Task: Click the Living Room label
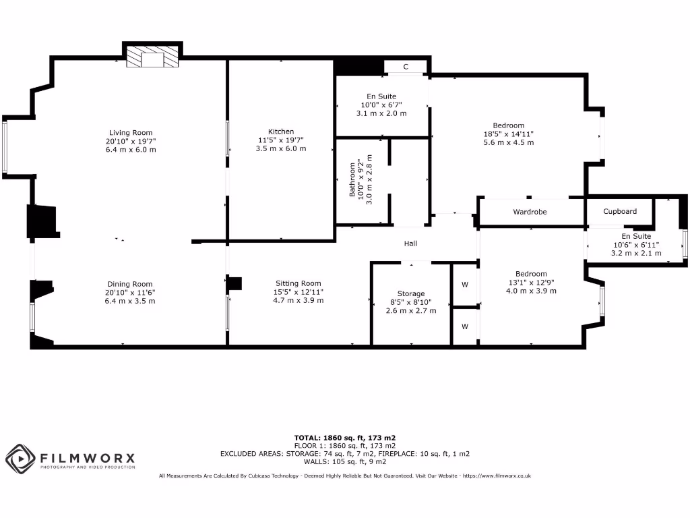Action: pyautogui.click(x=131, y=133)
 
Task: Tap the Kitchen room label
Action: pyautogui.click(x=281, y=132)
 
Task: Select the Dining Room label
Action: pyautogui.click(x=130, y=284)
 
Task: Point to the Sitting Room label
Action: pyautogui.click(x=298, y=283)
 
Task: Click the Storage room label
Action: pyautogui.click(x=411, y=293)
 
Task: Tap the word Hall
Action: pyautogui.click(x=411, y=243)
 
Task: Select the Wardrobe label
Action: pyautogui.click(x=530, y=212)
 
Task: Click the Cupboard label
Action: pyautogui.click(x=620, y=211)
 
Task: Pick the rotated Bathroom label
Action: pyautogui.click(x=352, y=180)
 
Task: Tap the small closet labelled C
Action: pyautogui.click(x=406, y=67)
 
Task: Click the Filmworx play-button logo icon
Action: pyautogui.click(x=20, y=459)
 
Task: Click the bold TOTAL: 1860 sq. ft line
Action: pyautogui.click(x=344, y=438)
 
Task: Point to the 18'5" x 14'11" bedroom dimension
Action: pyautogui.click(x=508, y=134)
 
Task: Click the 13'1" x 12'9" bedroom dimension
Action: pyautogui.click(x=531, y=283)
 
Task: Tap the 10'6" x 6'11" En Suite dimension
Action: pyautogui.click(x=636, y=245)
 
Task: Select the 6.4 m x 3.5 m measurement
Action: pyautogui.click(x=130, y=301)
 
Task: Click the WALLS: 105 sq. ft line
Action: pyautogui.click(x=344, y=462)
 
